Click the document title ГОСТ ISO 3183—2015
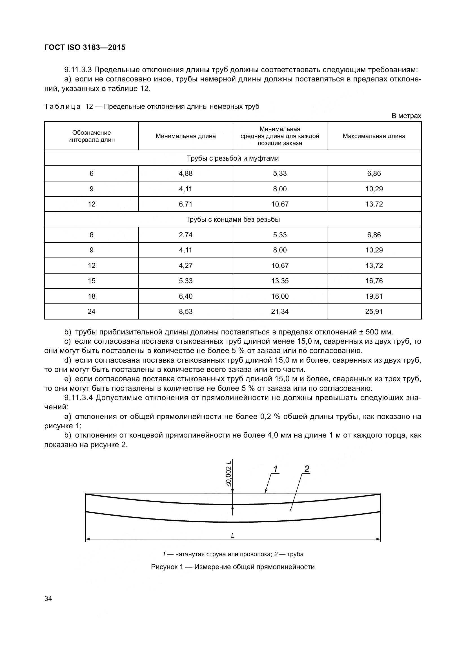[x=85, y=48]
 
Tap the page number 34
[x=48, y=598]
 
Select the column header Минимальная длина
[x=186, y=136]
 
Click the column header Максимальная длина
[x=374, y=136]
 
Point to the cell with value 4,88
[x=186, y=173]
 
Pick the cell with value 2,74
[x=186, y=235]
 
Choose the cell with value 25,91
[x=374, y=311]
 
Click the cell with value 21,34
[x=280, y=311]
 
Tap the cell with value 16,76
[x=374, y=281]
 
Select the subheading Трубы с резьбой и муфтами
[x=233, y=158]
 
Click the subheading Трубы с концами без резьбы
[x=233, y=219]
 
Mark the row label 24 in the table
[x=92, y=311]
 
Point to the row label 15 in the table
[x=92, y=281]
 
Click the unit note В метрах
[x=406, y=116]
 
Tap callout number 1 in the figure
[x=276, y=469]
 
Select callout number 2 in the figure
[x=307, y=469]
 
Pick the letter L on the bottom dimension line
[x=233, y=536]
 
